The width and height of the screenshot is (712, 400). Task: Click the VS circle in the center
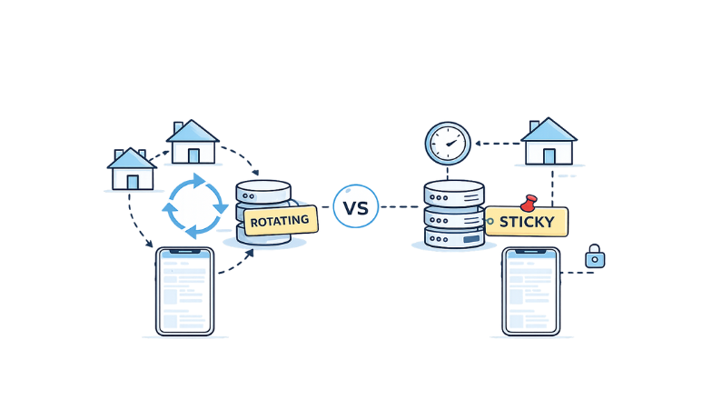[356, 207]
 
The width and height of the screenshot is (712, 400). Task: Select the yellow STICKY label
[526, 221]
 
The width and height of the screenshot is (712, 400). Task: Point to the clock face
[448, 144]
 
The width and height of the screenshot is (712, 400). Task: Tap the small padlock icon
[595, 257]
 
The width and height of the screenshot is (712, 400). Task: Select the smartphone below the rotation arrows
[184, 291]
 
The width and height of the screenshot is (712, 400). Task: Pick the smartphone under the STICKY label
[530, 291]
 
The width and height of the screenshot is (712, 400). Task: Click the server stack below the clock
[454, 215]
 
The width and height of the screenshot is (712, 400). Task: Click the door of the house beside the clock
[549, 155]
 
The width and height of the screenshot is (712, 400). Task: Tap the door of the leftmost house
[133, 181]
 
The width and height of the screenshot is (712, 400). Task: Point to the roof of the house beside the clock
[549, 129]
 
